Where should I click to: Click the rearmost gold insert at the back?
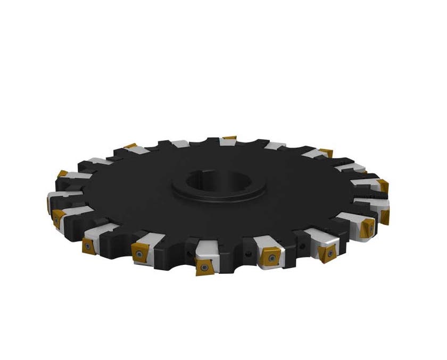click(x=229, y=138)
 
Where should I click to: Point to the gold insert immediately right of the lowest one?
click(x=269, y=258)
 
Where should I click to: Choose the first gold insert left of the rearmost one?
click(x=131, y=146)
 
